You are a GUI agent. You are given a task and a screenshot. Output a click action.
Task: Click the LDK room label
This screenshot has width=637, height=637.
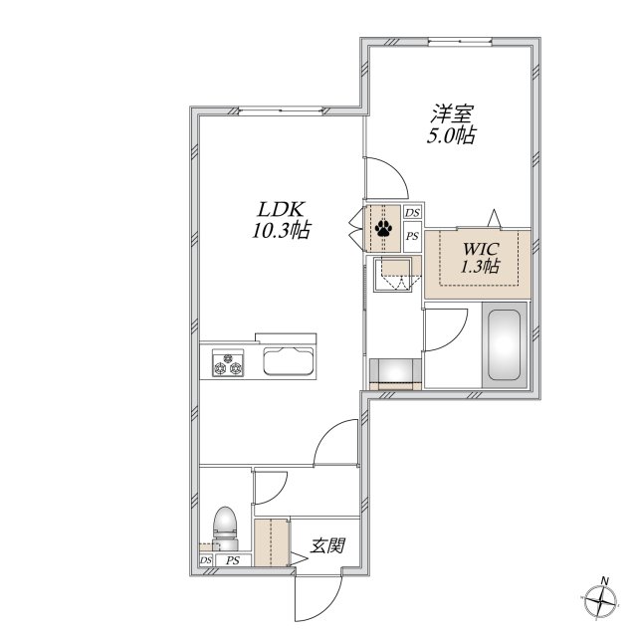coord(280,210)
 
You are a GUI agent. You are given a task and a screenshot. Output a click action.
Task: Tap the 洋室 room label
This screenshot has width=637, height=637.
coord(452,113)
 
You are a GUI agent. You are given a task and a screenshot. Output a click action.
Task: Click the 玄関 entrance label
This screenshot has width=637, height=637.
coord(327,545)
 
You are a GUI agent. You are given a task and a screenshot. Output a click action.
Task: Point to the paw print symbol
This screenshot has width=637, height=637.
coord(383,228)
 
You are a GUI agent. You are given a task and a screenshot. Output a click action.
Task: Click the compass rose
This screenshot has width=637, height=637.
coord(600,600)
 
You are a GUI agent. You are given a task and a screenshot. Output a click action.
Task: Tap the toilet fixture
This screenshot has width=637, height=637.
coord(225,528)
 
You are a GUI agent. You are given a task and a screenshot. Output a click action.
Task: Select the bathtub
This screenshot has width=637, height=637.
coord(505,344)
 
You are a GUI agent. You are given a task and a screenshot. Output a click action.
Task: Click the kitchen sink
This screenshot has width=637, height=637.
coord(289,361)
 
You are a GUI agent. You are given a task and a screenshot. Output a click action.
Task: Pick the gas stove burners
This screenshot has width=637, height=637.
coord(228,363)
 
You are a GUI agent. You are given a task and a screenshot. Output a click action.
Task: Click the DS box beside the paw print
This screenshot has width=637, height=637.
coord(412,212)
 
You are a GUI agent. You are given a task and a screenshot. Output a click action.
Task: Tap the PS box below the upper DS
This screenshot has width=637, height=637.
coord(412,236)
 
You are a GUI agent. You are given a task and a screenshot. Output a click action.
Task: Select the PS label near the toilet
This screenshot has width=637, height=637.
coord(233,560)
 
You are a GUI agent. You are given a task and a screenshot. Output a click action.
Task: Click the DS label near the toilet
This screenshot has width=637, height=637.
coord(206,560)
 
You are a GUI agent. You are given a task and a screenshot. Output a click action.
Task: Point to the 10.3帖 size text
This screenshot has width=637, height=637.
coord(282,230)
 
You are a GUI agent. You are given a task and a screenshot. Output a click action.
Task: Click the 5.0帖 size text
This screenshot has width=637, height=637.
coord(451,135)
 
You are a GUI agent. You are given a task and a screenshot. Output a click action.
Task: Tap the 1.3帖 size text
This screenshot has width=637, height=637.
coord(480,266)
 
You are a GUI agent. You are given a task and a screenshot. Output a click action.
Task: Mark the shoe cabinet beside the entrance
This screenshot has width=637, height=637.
coord(272,542)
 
